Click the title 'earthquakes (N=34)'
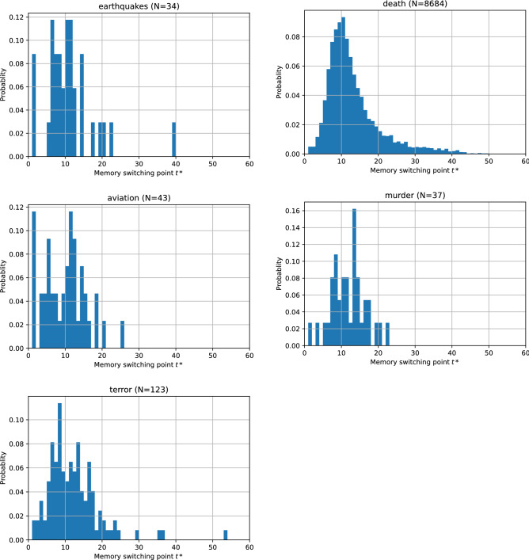click(139, 6)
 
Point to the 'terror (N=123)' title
click(139, 390)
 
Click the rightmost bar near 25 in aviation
click(122, 334)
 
